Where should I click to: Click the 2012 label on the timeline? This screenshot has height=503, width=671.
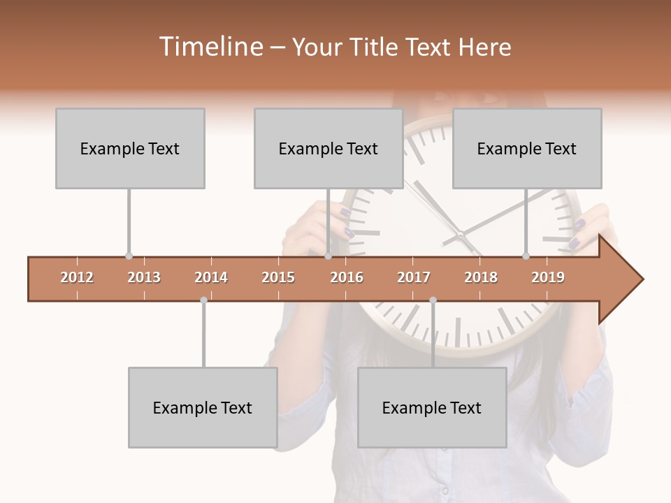point(77,277)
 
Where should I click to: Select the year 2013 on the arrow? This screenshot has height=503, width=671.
point(144,277)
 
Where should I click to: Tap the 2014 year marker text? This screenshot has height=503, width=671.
point(211,277)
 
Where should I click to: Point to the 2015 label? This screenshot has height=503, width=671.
point(278,277)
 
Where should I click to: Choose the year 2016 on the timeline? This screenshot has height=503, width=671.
point(347,277)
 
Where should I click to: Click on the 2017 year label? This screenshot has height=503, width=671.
point(414,277)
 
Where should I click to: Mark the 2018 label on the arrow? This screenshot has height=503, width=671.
point(481,277)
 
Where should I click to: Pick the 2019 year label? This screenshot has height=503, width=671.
point(548,277)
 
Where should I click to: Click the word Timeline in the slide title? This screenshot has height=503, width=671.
point(210,47)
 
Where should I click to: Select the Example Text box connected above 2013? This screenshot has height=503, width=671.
point(130,148)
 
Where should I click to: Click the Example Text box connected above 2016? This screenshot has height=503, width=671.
point(329,148)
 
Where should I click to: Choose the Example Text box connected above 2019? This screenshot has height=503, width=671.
point(527,148)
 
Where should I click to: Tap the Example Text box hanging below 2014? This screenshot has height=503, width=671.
point(203,407)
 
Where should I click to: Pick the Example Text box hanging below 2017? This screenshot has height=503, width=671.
point(432,407)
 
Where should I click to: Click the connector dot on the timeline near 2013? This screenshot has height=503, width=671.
point(129,256)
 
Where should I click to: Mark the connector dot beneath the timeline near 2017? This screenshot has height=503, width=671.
point(433,300)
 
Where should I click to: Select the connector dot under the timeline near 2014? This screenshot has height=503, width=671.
point(203,300)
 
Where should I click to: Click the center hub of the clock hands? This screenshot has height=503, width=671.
point(461,235)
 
